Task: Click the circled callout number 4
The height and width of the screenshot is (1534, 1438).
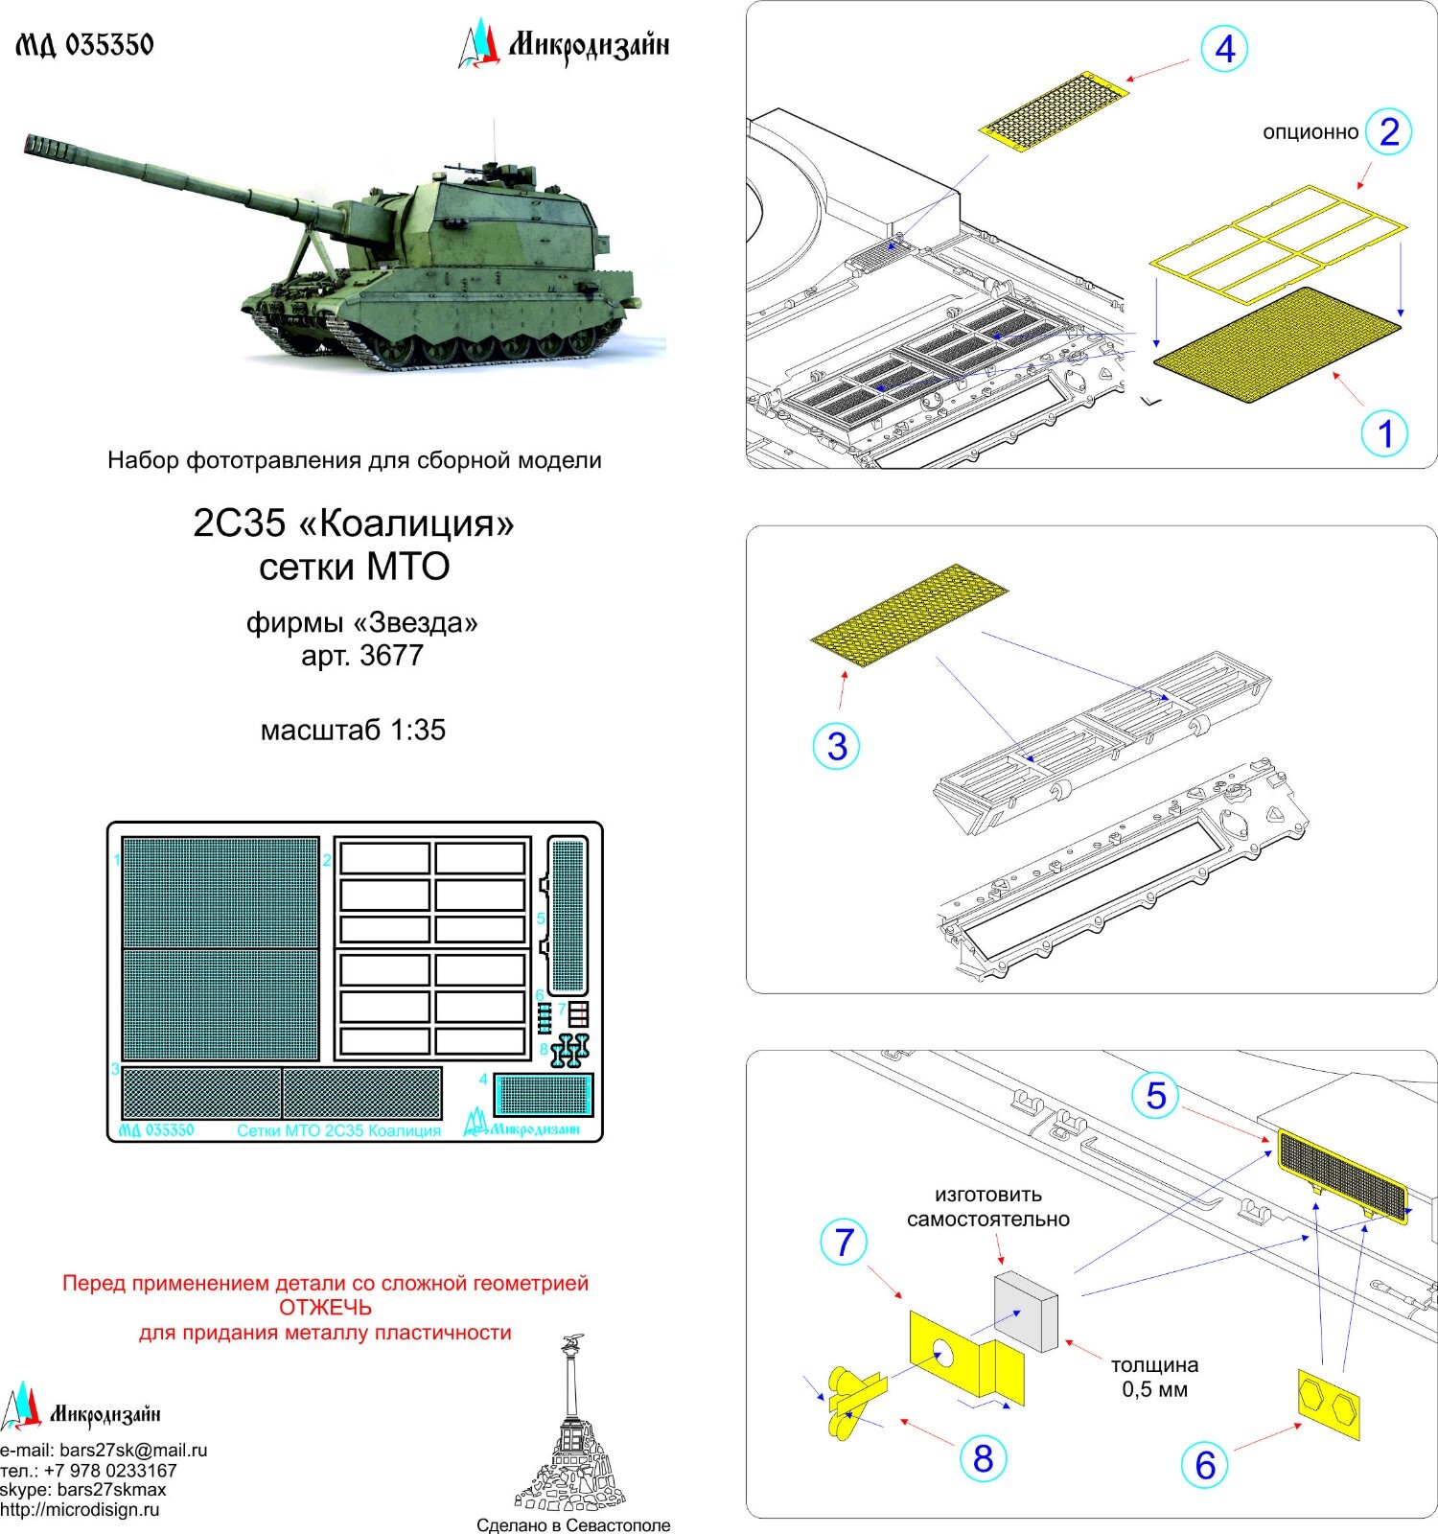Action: click(1224, 49)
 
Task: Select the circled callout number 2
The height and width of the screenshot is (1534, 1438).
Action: click(1388, 131)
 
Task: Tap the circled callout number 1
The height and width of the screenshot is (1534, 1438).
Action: click(1384, 433)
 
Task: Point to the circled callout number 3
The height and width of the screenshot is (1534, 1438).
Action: click(837, 746)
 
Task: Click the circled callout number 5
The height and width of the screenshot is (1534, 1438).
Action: click(1155, 1096)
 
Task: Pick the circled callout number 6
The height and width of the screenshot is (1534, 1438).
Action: click(1205, 1465)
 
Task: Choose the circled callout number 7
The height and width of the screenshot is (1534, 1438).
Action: click(844, 1242)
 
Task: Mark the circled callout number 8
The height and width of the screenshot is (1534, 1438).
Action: click(983, 1458)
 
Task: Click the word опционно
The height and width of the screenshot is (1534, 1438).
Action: click(1310, 132)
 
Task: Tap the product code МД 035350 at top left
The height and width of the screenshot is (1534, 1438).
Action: click(84, 45)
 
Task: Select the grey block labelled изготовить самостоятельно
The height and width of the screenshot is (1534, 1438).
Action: click(1026, 1311)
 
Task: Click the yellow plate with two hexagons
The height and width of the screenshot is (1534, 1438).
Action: click(1329, 1405)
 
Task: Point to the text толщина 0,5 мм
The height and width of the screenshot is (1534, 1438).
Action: click(1154, 1377)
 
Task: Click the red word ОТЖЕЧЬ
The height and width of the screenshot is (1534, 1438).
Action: click(325, 1308)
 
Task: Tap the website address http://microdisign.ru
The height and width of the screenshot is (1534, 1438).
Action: click(80, 1510)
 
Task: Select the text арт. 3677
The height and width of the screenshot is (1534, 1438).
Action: click(361, 656)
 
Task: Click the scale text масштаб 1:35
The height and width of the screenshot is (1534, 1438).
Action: click(353, 731)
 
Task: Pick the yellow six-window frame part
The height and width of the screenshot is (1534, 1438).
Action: click(1278, 244)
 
